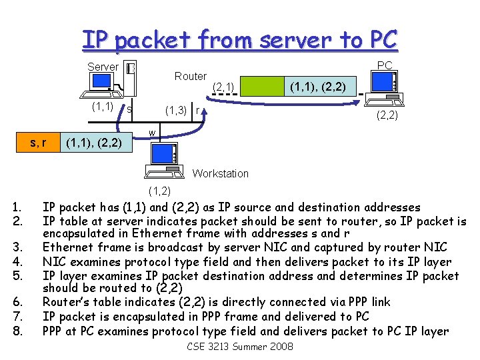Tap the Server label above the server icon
coord(103,67)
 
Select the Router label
coord(190,76)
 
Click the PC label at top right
coord(385,65)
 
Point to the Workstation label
coord(220,173)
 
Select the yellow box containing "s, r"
coord(34,141)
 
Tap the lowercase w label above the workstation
coord(153,133)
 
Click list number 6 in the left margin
coord(18,302)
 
